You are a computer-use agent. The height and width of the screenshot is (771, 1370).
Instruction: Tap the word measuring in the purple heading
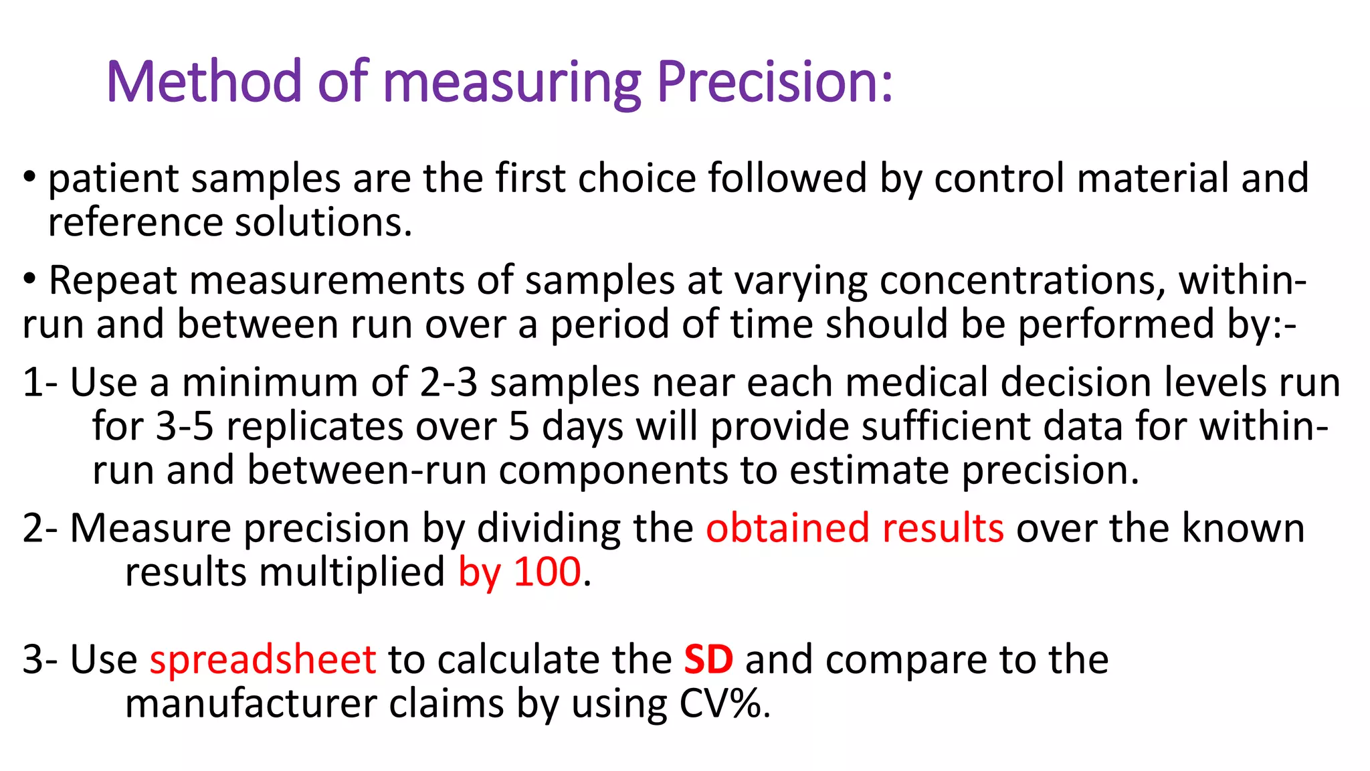point(512,83)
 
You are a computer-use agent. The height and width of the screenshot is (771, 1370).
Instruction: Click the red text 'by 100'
point(519,572)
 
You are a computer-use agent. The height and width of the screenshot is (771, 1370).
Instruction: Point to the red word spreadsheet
point(263,659)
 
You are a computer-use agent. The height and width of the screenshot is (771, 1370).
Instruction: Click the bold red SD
point(708,659)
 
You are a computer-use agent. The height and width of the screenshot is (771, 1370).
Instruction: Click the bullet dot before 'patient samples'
point(29,178)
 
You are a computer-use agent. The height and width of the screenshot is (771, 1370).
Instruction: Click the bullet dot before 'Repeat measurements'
point(29,280)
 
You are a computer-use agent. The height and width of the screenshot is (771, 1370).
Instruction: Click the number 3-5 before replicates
point(185,426)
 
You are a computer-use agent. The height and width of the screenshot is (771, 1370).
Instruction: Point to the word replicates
point(314,426)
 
